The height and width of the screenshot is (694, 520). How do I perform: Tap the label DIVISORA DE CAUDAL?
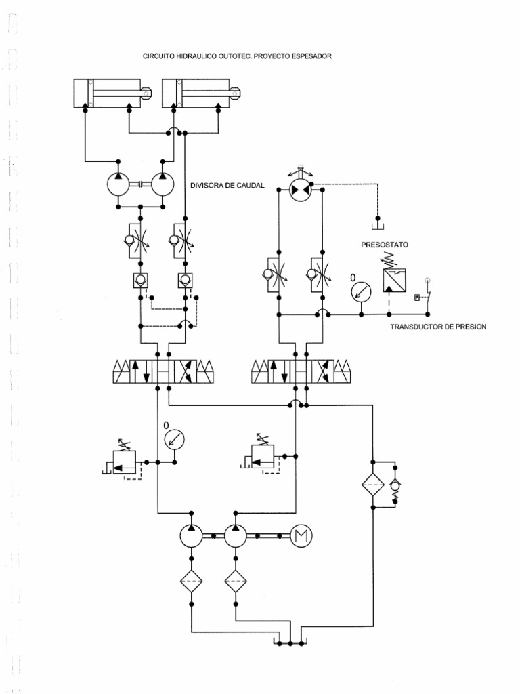coord(227,185)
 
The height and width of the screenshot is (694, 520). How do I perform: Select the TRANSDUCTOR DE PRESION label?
coord(438,327)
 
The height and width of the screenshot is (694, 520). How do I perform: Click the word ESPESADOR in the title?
coord(309,56)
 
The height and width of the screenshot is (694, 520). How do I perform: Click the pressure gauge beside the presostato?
coord(362,290)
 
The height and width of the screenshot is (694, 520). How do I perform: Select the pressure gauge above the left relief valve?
coord(175,439)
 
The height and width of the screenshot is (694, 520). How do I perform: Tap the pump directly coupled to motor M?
coord(235,537)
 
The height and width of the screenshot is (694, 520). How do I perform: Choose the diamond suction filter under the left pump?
coord(191,581)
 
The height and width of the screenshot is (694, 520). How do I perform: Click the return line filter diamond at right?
coord(372,485)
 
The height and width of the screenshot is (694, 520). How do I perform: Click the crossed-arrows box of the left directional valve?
coord(184,371)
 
